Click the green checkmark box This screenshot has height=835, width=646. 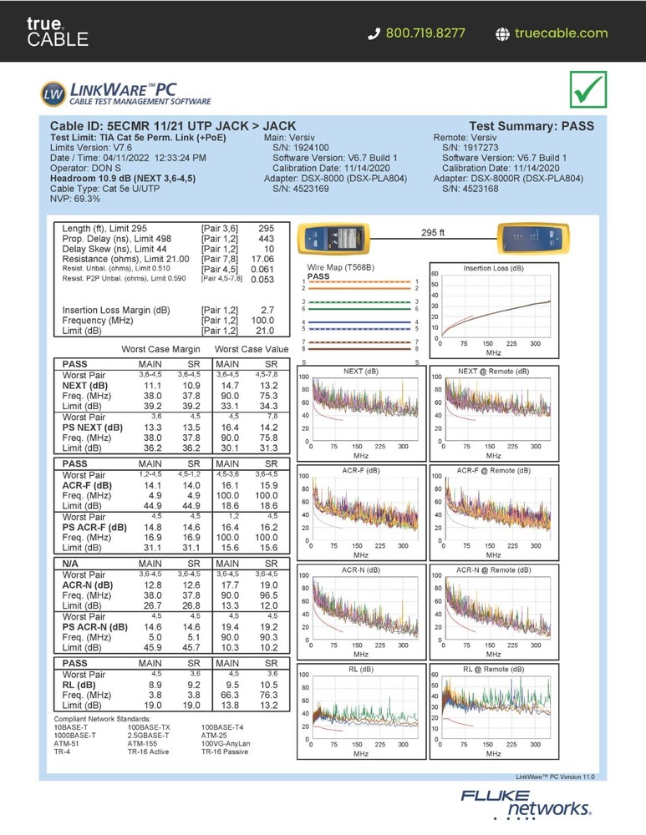pos(588,89)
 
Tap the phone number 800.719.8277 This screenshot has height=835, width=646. pos(426,33)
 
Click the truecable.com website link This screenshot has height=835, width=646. pos(561,33)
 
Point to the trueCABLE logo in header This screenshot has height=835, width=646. pos(57,32)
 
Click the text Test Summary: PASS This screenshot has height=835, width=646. pos(532,126)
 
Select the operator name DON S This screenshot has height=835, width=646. pos(101,168)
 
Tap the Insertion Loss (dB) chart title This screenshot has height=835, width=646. pos(493,268)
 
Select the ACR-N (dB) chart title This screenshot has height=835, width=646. pos(360,569)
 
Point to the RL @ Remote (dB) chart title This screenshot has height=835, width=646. pos(493,669)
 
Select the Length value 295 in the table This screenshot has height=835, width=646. pos(266,228)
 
